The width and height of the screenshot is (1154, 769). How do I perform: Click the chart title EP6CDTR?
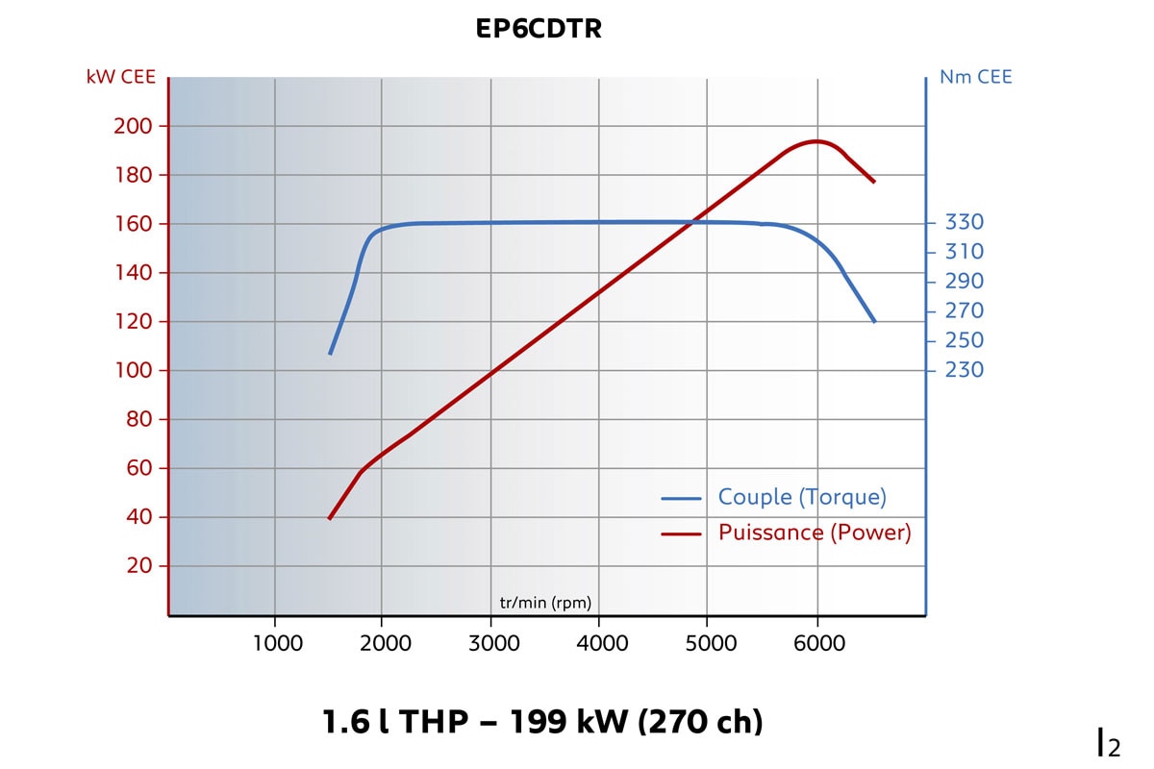[539, 29]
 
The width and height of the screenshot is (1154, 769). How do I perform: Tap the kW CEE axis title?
[120, 77]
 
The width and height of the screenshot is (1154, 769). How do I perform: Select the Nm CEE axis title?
[975, 77]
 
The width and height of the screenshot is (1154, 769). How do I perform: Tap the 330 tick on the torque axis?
[964, 222]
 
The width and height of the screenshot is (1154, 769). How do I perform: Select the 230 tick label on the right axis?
[964, 370]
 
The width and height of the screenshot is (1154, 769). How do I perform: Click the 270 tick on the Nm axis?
[964, 310]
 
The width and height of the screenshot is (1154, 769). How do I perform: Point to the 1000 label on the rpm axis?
[277, 643]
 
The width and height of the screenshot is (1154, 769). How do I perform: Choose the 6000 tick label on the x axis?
[818, 643]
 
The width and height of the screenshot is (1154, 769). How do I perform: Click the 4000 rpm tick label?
[601, 643]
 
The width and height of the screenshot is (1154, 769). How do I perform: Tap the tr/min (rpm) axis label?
[545, 604]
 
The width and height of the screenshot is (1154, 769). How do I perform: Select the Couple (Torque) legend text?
[802, 497]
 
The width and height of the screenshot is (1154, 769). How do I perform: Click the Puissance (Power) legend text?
[815, 533]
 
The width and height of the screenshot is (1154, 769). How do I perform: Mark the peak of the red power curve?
[816, 141]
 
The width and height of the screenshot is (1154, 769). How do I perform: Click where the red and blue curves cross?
[693, 222]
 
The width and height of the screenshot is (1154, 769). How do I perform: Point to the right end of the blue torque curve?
[874, 321]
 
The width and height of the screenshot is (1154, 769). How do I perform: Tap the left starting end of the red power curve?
[330, 519]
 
